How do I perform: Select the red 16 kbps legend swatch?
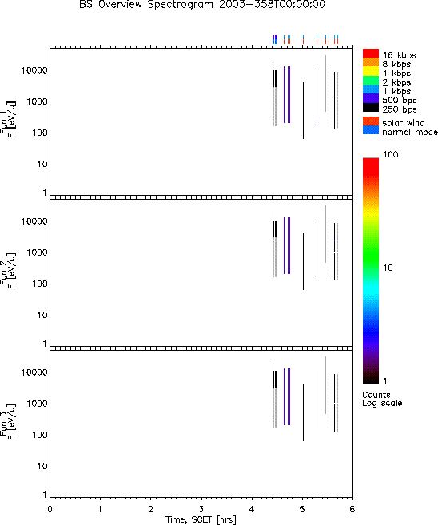[x=371, y=53]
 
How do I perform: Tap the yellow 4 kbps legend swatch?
[x=371, y=71]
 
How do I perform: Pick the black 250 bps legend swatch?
[x=371, y=108]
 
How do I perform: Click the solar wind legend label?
[x=404, y=123]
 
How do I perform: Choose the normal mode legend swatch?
[x=371, y=130]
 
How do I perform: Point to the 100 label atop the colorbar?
[x=391, y=154]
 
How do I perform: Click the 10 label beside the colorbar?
[x=388, y=268]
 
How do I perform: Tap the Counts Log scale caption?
[x=382, y=399]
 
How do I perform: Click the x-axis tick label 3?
[x=201, y=509]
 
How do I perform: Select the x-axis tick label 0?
[x=50, y=509]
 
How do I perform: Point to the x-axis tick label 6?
[x=352, y=509]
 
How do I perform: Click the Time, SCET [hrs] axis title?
[x=201, y=519]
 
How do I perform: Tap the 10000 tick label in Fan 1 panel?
[x=34, y=70]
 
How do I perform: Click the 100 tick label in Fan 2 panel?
[x=40, y=284]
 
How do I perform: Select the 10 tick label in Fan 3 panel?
[x=42, y=466]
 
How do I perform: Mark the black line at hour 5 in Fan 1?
[x=304, y=110]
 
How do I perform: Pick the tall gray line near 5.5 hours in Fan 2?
[x=325, y=234]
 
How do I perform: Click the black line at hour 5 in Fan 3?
[x=304, y=412]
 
